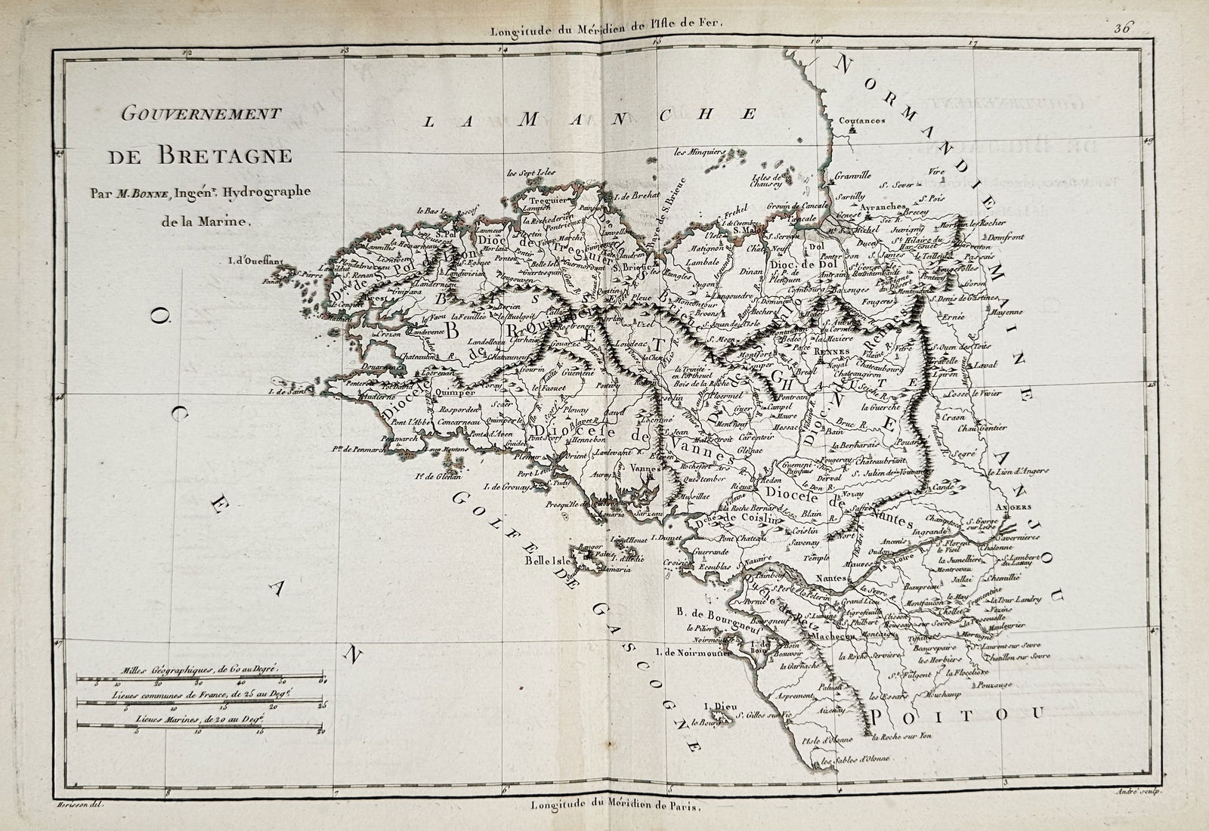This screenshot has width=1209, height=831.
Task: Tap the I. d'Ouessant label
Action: pos(255,263)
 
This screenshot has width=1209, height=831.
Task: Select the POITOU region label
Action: pos(957,712)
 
